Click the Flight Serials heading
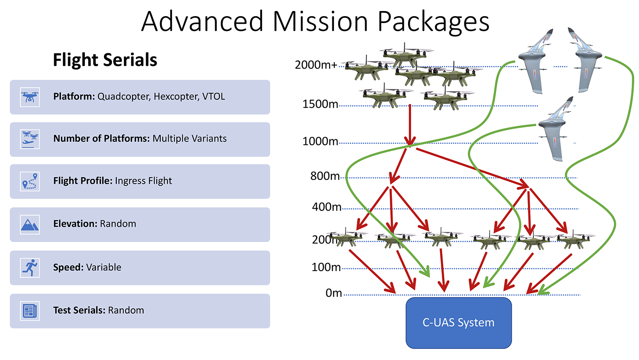[105, 60]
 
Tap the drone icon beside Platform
[30, 97]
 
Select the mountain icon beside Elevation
[30, 225]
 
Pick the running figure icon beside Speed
[30, 268]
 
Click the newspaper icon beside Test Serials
[30, 311]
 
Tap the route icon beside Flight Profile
[30, 181]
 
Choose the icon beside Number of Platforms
[30, 139]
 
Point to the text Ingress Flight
[143, 181]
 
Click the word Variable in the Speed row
[104, 267]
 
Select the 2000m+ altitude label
[316, 65]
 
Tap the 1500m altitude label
[320, 104]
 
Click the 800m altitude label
[325, 176]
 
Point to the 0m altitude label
[334, 293]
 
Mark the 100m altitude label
[326, 267]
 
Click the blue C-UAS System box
[458, 323]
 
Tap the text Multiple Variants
[190, 138]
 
